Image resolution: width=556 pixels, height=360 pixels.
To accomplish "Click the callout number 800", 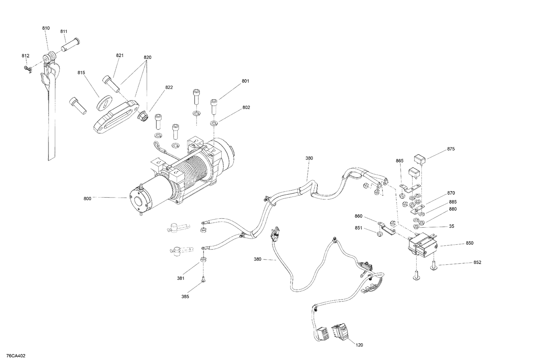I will tap(87, 199).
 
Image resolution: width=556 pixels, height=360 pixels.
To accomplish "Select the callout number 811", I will tap(64, 32).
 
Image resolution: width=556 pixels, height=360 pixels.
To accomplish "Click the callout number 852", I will tap(477, 262).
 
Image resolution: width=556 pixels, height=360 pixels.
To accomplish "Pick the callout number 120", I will tap(359, 345).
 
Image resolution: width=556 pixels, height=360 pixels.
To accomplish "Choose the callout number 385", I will tap(185, 297).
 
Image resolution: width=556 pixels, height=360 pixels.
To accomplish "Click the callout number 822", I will tap(169, 87).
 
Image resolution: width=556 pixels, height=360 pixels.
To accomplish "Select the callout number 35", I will tap(451, 226).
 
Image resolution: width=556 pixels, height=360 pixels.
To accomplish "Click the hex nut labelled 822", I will tap(142, 117).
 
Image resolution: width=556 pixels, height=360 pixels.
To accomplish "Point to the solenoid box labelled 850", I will tap(423, 244).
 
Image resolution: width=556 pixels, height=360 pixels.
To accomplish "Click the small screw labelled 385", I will tap(203, 280).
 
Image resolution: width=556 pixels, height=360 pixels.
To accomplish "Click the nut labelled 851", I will tap(379, 234).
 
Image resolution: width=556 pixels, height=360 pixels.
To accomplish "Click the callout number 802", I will tap(246, 108).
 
